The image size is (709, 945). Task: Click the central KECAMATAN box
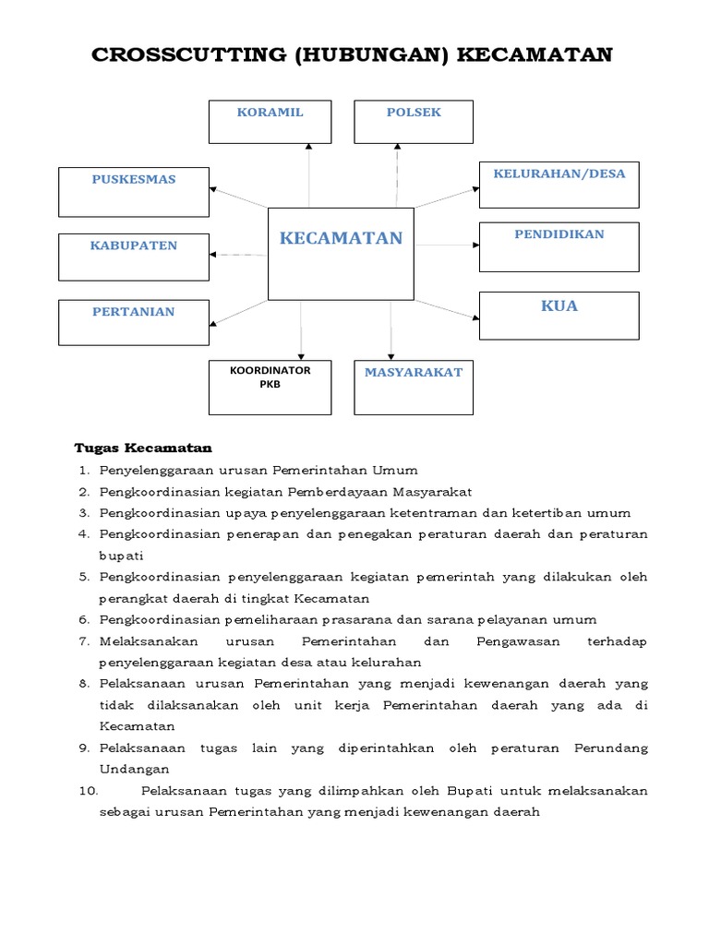click(341, 254)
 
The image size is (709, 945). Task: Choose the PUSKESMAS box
click(134, 192)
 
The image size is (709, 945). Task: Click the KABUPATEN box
click(134, 257)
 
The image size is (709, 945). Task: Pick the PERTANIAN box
click(134, 323)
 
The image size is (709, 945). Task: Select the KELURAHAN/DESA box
click(559, 185)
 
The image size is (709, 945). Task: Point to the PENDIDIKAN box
click(559, 246)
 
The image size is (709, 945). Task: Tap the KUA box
click(559, 317)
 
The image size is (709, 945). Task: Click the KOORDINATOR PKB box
click(270, 388)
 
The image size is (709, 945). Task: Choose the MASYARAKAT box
click(414, 387)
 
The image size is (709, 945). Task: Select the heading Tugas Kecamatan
click(143, 449)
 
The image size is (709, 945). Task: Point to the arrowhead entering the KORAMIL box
click(308, 147)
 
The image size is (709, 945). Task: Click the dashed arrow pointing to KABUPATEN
click(238, 254)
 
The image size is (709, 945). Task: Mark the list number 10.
click(88, 791)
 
